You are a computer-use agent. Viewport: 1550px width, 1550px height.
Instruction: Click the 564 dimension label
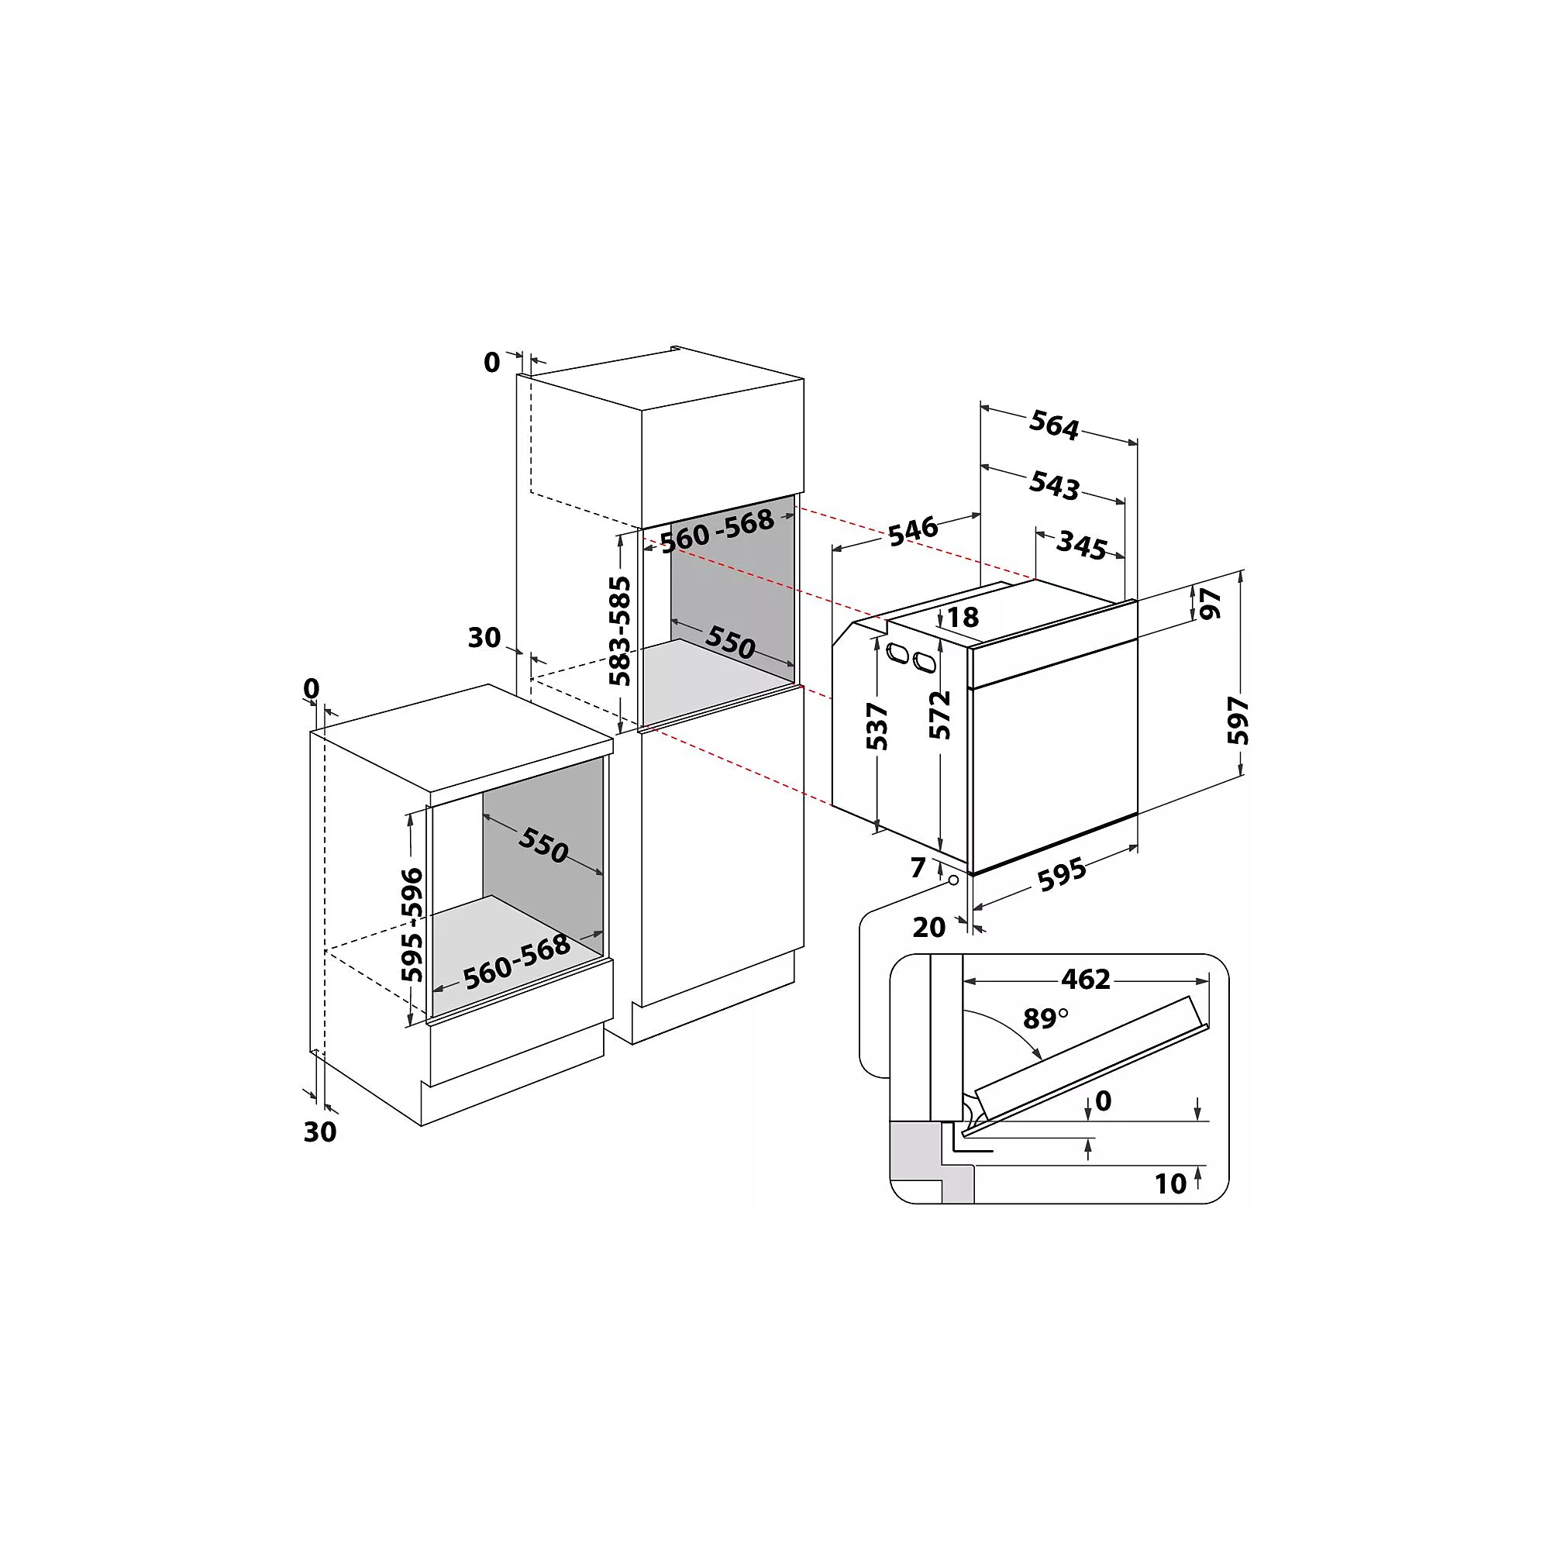(x=1054, y=425)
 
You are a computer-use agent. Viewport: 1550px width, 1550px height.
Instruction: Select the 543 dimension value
(x=1054, y=485)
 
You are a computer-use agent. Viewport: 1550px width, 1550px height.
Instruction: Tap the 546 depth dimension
(x=913, y=530)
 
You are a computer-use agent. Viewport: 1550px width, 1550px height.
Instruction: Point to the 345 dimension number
(x=1081, y=546)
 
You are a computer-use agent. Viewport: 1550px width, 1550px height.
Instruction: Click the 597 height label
(x=1238, y=720)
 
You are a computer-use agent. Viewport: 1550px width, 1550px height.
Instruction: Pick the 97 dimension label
(x=1210, y=603)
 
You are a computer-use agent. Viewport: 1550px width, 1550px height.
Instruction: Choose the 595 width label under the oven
(x=1063, y=874)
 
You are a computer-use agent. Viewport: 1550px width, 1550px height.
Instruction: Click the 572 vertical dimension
(x=939, y=714)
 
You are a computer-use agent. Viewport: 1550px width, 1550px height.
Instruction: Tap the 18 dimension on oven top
(x=963, y=617)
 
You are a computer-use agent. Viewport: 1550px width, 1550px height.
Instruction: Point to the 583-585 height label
(x=619, y=631)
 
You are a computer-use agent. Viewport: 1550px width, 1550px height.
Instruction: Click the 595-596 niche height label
(x=412, y=925)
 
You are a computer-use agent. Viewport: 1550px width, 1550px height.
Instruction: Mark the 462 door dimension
(x=1086, y=979)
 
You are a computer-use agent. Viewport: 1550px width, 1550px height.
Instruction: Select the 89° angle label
(x=1045, y=1019)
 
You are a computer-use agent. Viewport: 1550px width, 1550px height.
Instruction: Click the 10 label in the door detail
(x=1170, y=1183)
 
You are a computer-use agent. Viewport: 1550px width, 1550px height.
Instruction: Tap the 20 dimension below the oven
(x=929, y=928)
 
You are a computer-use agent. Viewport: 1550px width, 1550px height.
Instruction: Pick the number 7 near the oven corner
(x=918, y=867)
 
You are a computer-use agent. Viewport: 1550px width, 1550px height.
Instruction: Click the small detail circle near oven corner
(x=954, y=880)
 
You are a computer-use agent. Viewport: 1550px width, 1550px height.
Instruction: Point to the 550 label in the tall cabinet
(x=730, y=642)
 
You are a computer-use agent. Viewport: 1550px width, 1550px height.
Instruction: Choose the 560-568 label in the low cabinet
(x=517, y=962)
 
